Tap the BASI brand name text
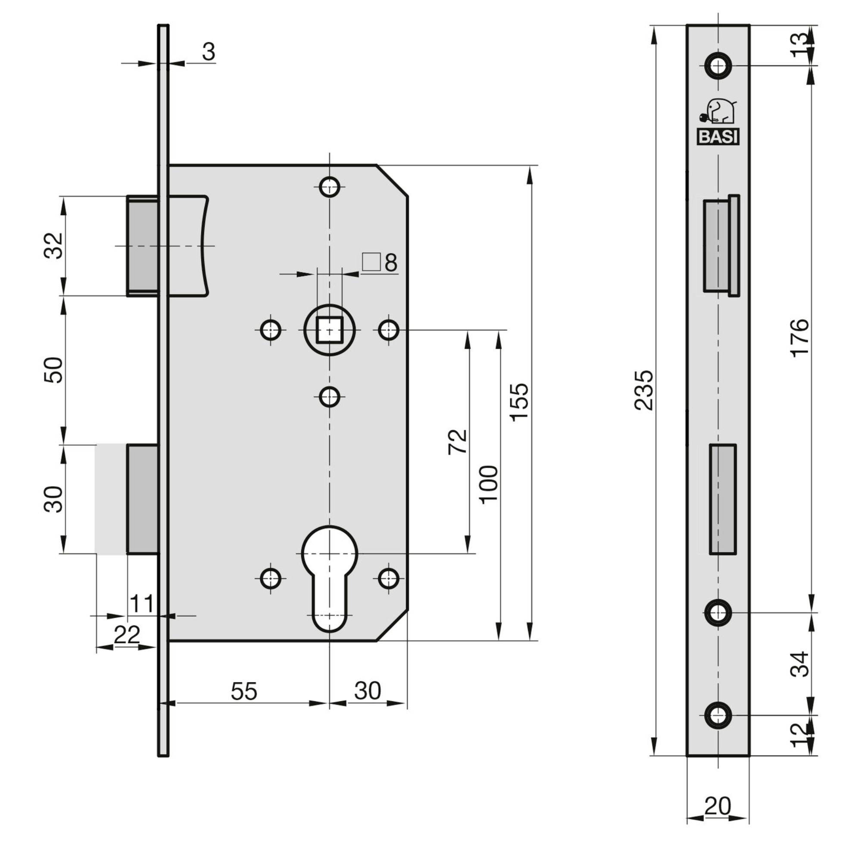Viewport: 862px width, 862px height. pos(718,137)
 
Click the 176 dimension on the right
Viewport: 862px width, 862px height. pos(800,337)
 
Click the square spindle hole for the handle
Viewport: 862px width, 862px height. pos(330,330)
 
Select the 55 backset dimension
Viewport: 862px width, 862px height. pos(244,691)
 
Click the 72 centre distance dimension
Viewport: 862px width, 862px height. pos(458,442)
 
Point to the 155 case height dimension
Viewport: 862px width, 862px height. pos(519,402)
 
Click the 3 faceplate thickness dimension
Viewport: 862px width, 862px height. pos(208,52)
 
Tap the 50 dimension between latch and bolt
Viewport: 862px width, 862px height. pos(54,369)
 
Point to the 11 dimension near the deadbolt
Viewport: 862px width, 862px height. pos(141,604)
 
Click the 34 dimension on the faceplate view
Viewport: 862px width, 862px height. pos(800,664)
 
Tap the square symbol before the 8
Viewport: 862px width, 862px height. pos(371,262)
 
